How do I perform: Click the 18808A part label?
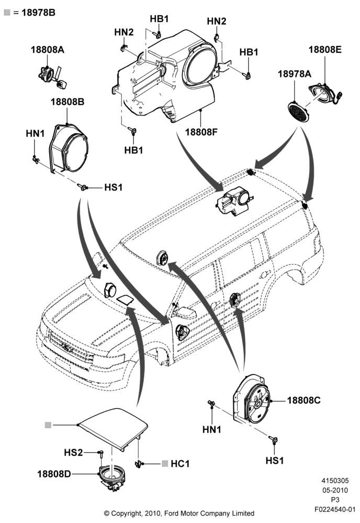[48, 50]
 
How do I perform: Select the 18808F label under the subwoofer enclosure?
[201, 132]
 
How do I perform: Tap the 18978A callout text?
[294, 74]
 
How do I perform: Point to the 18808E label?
[325, 50]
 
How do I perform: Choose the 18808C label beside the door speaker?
[303, 400]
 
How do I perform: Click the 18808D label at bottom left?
[54, 474]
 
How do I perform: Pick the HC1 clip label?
[180, 463]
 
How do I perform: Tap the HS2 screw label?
[73, 452]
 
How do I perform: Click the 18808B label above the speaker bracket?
[67, 102]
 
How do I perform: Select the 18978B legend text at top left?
[38, 13]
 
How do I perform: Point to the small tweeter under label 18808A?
[52, 75]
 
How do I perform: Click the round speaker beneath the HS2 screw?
[113, 477]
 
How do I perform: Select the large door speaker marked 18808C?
[252, 399]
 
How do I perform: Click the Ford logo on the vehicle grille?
[67, 348]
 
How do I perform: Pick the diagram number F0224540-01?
[335, 509]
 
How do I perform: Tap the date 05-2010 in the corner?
[335, 491]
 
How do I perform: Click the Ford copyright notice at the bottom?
[179, 514]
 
